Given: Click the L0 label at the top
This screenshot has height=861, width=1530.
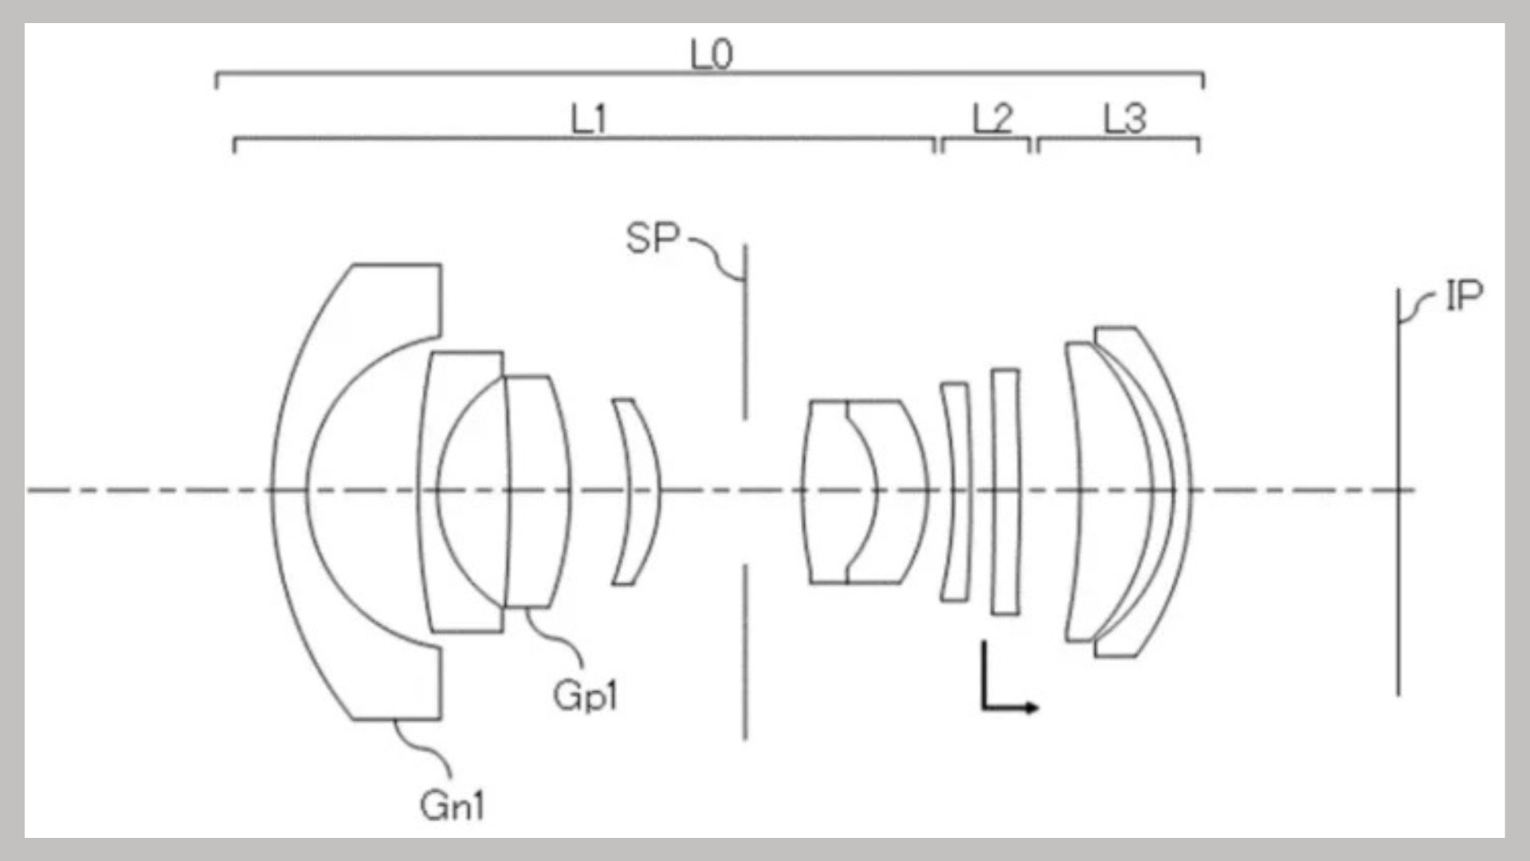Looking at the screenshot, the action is pos(711,55).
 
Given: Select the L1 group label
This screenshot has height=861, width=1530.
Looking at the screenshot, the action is pos(589,120).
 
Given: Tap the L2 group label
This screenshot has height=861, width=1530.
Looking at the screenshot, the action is pos(992,120).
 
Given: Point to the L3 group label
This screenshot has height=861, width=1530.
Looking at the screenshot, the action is pos(1124,120).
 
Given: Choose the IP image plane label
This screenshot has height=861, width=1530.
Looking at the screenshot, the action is pos(1465,296).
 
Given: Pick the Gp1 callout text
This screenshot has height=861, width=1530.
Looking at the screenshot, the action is pos(586,696).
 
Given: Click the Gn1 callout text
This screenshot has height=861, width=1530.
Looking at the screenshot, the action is pos(453,805).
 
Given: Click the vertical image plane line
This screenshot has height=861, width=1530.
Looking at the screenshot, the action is pos(1398,491).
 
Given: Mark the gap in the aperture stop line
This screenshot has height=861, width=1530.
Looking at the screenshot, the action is pos(745,492).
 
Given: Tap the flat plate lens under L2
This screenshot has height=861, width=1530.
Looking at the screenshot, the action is pos(1006,491).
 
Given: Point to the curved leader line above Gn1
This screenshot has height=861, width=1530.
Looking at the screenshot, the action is pos(423,749).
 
